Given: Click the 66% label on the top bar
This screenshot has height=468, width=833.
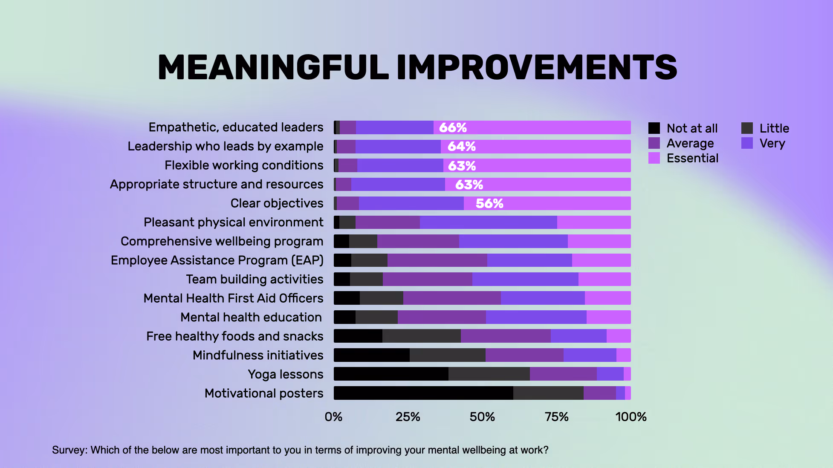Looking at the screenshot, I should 453,127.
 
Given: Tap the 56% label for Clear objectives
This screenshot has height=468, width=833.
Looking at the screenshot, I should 489,203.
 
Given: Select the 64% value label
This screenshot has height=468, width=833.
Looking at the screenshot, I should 461,147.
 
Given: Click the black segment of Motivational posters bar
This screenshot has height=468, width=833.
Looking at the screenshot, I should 423,393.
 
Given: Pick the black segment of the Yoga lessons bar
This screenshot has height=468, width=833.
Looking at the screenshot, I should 390,374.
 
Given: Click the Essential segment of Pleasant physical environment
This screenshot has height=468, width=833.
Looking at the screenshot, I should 593,222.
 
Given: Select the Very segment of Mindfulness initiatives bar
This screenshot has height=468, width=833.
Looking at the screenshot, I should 590,355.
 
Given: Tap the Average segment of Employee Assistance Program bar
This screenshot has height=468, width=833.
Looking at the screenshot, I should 437,260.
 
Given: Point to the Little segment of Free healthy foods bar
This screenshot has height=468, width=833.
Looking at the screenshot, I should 421,336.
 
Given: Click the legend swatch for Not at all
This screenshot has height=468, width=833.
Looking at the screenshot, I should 654,128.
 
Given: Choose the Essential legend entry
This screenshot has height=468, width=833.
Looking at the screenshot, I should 692,158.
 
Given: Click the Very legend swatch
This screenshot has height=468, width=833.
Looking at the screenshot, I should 747,143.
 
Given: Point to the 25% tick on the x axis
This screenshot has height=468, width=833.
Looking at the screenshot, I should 408,416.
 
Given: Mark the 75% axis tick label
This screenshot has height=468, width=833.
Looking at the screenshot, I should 556,416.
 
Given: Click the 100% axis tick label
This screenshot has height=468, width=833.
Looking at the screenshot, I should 631,416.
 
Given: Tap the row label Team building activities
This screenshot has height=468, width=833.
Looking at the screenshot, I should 255,279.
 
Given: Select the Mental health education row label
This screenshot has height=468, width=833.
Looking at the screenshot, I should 251,317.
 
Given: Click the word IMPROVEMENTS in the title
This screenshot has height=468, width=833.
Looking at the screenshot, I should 536,67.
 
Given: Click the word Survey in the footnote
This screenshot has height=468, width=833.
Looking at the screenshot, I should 70,450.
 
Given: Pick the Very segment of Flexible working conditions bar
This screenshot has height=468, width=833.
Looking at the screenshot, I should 400,165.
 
